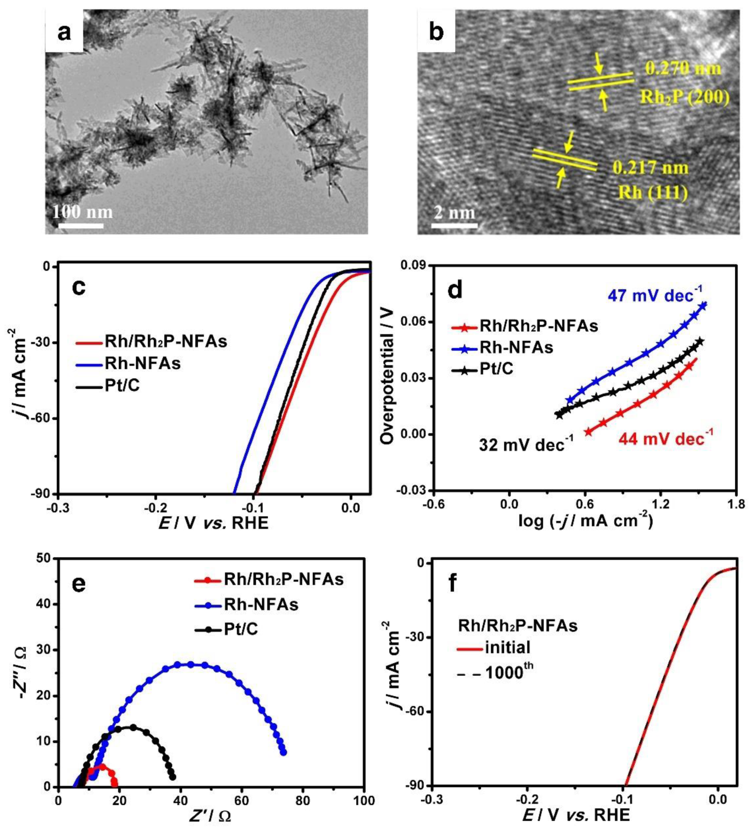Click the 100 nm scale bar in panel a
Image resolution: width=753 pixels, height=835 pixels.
81,226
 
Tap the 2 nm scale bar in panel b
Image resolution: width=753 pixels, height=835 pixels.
454,226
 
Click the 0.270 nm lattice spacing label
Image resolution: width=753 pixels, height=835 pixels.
683,69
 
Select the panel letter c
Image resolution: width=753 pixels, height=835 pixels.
78,287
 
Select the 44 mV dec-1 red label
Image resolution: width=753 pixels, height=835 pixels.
666,438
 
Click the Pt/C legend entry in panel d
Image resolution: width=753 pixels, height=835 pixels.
496,368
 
